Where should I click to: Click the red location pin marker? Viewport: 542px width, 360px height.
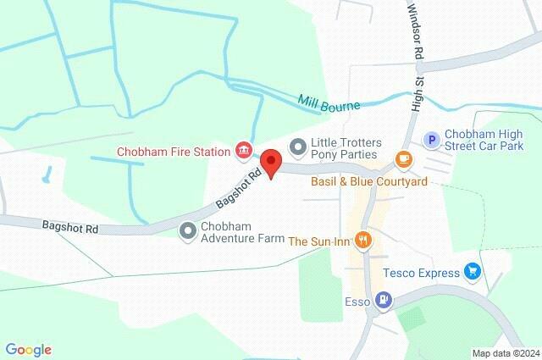pyautogui.click(x=270, y=162)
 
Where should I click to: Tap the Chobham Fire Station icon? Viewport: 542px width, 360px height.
pyautogui.click(x=244, y=151)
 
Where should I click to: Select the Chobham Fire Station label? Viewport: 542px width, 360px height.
pyautogui.click(x=174, y=152)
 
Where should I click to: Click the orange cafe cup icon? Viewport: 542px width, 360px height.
pyautogui.click(x=404, y=159)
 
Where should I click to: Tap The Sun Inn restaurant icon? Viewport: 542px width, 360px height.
pyautogui.click(x=363, y=241)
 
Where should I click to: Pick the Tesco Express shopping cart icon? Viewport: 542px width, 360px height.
pyautogui.click(x=473, y=272)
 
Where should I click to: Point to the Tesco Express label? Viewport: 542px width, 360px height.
pyautogui.click(x=421, y=273)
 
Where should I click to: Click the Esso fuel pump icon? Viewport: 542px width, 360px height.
pyautogui.click(x=384, y=298)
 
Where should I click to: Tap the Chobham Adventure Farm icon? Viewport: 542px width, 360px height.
pyautogui.click(x=188, y=230)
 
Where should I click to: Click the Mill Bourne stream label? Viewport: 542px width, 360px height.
pyautogui.click(x=329, y=104)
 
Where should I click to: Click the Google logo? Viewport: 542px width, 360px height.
pyautogui.click(x=28, y=349)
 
